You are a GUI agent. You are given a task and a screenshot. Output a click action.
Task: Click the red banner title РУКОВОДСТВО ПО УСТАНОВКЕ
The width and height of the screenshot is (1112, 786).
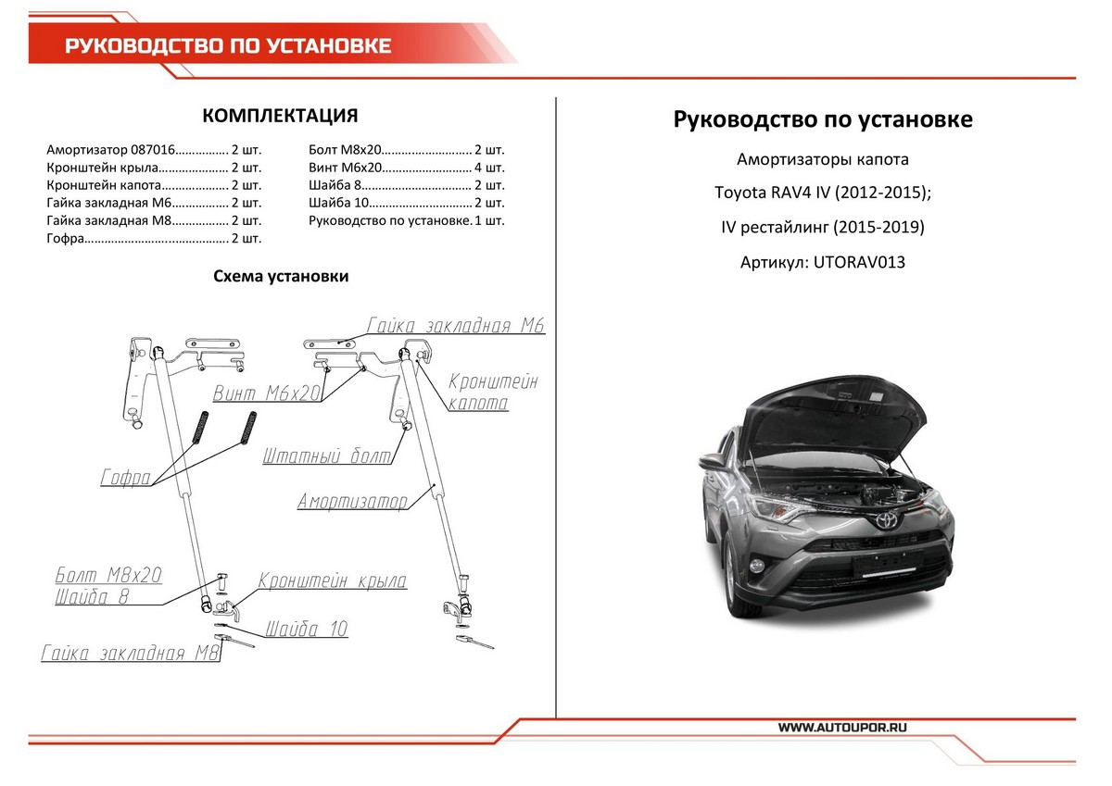[x=228, y=46]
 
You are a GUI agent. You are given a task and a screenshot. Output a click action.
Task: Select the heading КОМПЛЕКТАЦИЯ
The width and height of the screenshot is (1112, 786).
[x=280, y=116]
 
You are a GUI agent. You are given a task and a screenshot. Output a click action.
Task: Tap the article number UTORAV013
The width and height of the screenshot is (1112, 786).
[x=859, y=262]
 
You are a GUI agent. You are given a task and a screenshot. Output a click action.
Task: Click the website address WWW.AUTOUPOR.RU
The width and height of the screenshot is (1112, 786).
[x=842, y=728]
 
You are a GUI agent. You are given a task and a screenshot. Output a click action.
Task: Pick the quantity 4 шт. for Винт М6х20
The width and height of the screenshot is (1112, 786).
[x=489, y=168]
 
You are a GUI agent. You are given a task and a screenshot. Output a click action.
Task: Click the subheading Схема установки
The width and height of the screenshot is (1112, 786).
[x=281, y=276]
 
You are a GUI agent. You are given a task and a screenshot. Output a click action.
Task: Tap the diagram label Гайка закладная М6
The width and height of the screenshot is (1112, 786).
[x=455, y=326]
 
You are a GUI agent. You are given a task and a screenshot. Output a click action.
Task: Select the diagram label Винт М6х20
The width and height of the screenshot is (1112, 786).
[x=267, y=393]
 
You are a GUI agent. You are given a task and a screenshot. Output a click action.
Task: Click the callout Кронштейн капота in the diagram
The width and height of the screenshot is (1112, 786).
[x=492, y=393]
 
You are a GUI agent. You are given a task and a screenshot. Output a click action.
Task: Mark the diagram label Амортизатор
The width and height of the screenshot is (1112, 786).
[x=352, y=502]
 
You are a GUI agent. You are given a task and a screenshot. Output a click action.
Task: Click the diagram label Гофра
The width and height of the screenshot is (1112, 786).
[x=125, y=479]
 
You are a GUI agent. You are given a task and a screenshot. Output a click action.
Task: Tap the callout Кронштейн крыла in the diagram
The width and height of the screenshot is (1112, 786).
[x=332, y=581]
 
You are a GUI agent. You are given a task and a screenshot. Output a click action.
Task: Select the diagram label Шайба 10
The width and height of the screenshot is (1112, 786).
[x=306, y=630]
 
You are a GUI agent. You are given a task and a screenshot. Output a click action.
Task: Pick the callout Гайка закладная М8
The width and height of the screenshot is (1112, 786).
[x=130, y=654]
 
